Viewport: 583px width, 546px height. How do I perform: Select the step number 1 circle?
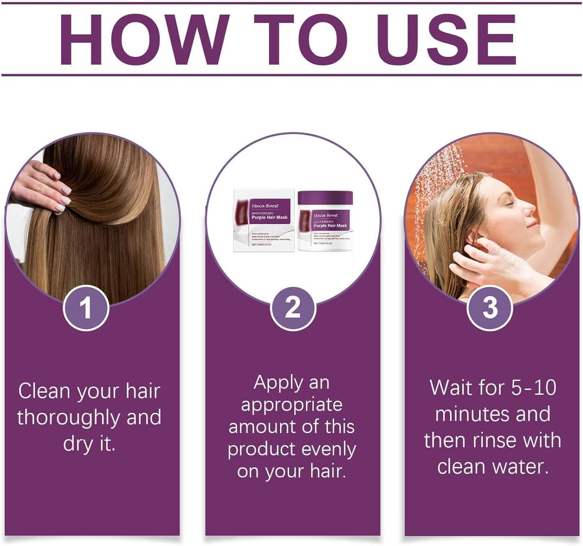point(86,308)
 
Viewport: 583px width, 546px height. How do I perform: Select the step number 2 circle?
point(293,308)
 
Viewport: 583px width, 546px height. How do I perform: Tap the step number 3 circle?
point(490,308)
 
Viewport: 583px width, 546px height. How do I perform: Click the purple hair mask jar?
point(325,222)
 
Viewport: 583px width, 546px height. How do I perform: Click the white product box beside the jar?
point(264,220)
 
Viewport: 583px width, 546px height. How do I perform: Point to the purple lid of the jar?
point(325,198)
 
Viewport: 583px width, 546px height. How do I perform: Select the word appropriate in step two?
point(292,405)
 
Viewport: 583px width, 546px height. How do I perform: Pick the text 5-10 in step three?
point(533,387)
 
